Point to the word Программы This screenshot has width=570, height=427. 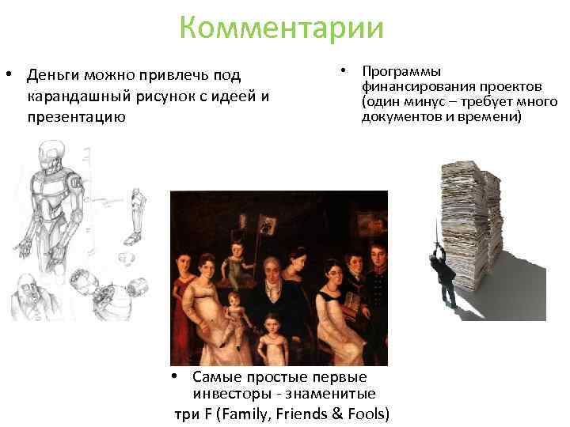click(x=401, y=71)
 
